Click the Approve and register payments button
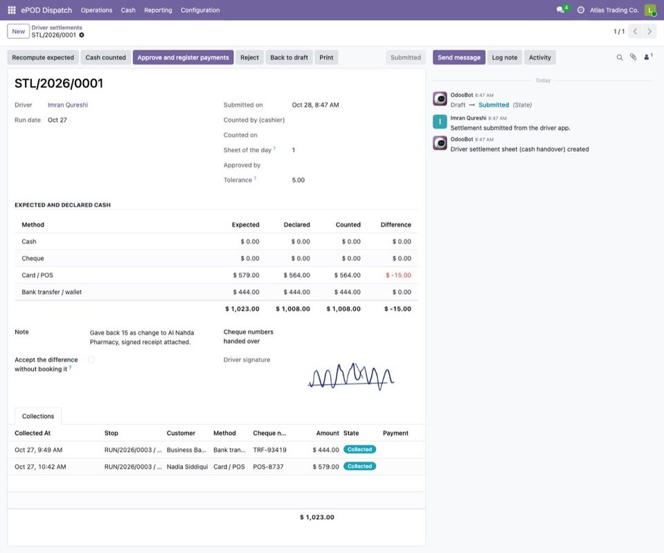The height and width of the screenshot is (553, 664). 183,57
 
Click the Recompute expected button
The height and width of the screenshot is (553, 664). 43,57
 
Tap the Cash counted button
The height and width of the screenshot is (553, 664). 105,57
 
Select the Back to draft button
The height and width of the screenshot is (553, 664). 289,57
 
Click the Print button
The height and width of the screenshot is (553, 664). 326,57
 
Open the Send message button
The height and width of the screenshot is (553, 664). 459,57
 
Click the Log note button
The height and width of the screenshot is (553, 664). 504,57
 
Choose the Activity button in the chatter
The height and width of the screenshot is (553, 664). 539,57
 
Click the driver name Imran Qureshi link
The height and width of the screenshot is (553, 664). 68,105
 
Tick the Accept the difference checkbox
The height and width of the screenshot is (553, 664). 91,360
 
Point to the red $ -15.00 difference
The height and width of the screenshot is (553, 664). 398,275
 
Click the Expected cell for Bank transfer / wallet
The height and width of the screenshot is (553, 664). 246,292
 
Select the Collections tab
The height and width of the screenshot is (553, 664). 38,416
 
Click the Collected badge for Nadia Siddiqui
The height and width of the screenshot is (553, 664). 359,466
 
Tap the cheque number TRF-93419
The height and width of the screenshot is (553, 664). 270,450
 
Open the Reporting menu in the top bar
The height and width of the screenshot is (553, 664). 158,10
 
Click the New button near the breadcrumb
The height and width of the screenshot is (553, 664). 18,31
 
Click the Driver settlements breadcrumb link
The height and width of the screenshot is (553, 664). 57,28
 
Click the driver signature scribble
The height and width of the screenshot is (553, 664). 351,376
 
